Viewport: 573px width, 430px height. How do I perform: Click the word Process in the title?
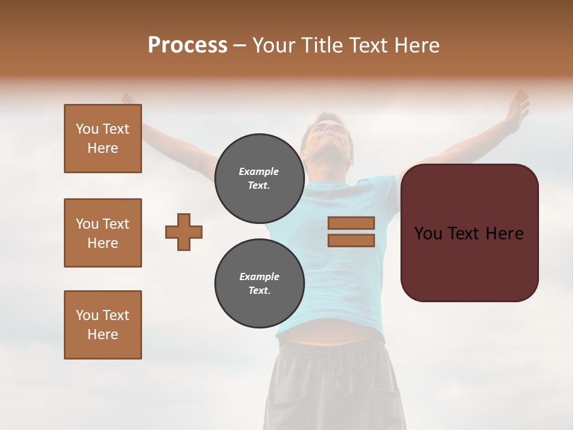pos(187,45)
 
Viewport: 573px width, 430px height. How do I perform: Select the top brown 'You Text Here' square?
pos(103,139)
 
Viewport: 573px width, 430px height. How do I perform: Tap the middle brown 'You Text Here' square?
pos(103,233)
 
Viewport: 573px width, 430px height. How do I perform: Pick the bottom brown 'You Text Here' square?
pos(103,325)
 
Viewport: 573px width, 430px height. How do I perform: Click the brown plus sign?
pos(184,232)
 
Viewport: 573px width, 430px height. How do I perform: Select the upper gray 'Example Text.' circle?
pos(259,179)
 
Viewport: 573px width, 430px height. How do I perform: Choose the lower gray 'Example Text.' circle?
pos(259,284)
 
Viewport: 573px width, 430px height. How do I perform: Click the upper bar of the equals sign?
pos(351,223)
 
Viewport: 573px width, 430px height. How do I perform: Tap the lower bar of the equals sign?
pos(351,241)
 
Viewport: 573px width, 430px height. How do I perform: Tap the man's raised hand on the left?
pos(128,99)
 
